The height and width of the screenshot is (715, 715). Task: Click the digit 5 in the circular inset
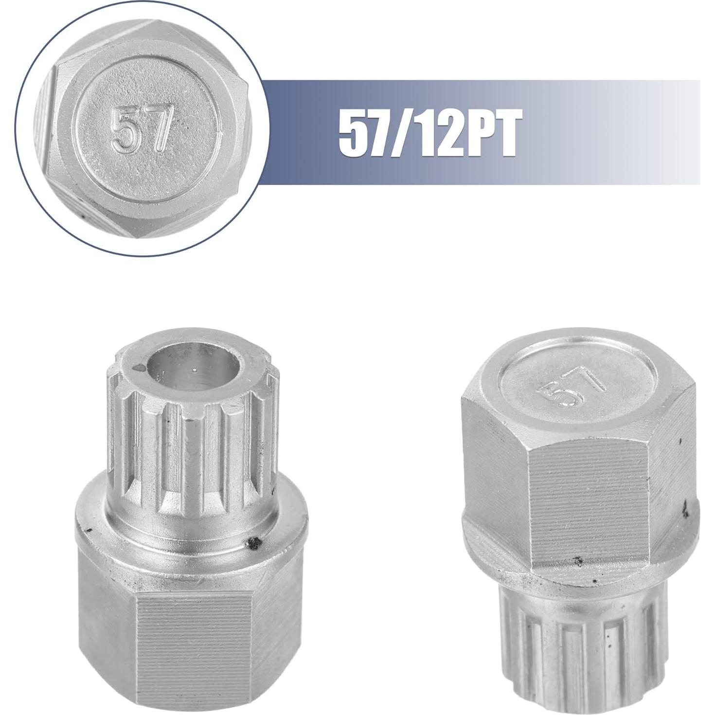coord(124,130)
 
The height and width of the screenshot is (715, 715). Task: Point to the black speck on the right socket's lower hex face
coord(579,562)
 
